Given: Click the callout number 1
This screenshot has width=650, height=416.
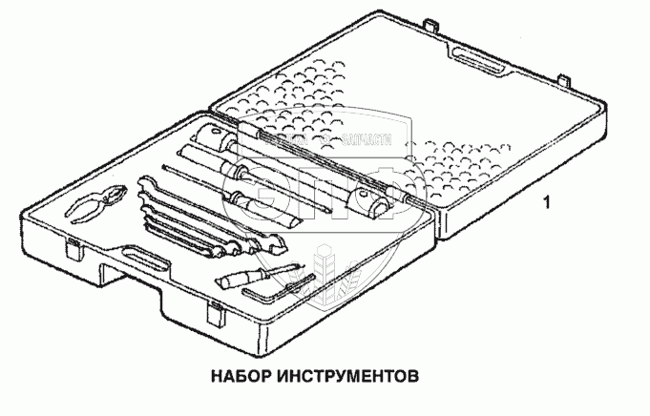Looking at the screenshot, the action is [545, 201].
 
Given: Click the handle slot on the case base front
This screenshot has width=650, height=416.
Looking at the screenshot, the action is [139, 258].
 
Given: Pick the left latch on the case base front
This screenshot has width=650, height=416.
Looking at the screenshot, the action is [74, 250].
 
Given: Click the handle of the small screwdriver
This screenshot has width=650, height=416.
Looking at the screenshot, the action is [236, 280].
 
